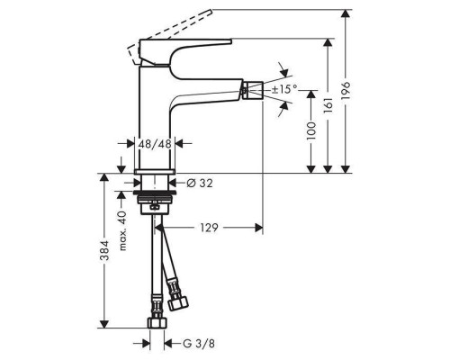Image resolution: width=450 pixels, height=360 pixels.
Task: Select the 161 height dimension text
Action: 328,104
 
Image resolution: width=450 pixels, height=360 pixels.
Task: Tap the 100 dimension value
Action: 311,130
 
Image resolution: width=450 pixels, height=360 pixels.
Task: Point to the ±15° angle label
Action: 284,89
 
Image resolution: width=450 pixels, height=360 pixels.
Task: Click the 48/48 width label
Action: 155,144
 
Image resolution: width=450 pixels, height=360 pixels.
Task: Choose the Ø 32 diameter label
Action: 200,183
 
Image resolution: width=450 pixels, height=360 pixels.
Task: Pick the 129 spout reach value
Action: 209,228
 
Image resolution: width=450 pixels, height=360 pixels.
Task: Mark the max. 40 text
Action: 122,230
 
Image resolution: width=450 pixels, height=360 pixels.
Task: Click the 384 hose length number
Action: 104,250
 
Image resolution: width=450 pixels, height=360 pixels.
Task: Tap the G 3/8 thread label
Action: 199,344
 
